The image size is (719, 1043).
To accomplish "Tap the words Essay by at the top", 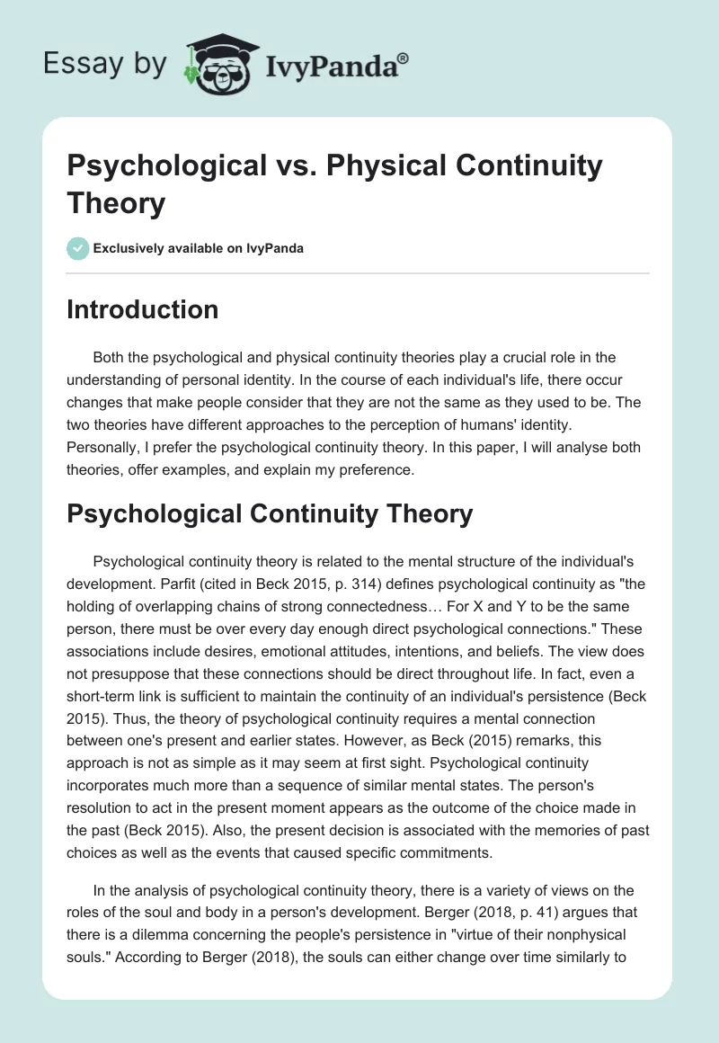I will coord(106,64).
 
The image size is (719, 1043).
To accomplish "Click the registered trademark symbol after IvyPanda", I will coord(404,58).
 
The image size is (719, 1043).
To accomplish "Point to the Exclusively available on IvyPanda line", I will coord(197,248).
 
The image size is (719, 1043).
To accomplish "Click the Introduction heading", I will coord(143,309).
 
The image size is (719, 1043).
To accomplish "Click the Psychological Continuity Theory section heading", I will coord(270,513).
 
